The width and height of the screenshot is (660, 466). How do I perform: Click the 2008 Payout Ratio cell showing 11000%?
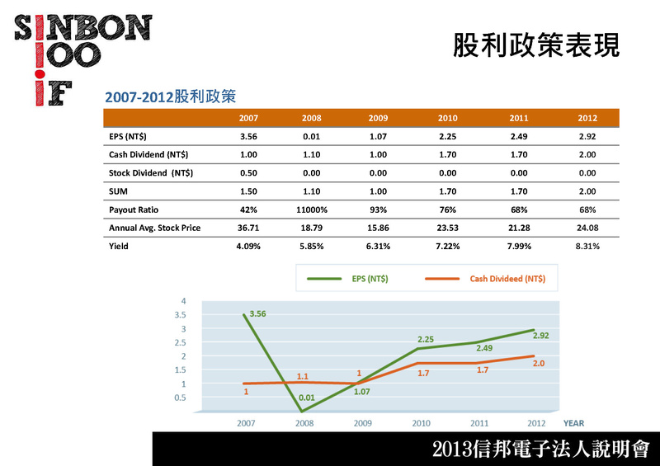pyautogui.click(x=312, y=209)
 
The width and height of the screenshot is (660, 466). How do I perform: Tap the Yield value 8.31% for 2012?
pyautogui.click(x=587, y=246)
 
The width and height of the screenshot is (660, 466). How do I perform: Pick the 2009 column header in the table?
pyautogui.click(x=379, y=118)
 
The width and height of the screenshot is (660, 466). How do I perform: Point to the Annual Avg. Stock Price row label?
pyautogui.click(x=154, y=228)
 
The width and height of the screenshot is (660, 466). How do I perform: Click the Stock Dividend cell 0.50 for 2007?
pyautogui.click(x=249, y=173)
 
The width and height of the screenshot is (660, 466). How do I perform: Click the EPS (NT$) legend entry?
pyautogui.click(x=346, y=279)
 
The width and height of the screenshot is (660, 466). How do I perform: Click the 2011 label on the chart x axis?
pyautogui.click(x=479, y=423)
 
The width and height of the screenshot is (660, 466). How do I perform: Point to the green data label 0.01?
pyautogui.click(x=307, y=398)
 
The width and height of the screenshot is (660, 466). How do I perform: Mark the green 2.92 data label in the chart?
pyautogui.click(x=540, y=337)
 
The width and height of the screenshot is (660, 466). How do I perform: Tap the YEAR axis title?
pyautogui.click(x=573, y=423)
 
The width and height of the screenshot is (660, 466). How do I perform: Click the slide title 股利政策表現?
pyautogui.click(x=535, y=46)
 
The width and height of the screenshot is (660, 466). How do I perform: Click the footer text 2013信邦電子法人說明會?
pyautogui.click(x=540, y=450)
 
